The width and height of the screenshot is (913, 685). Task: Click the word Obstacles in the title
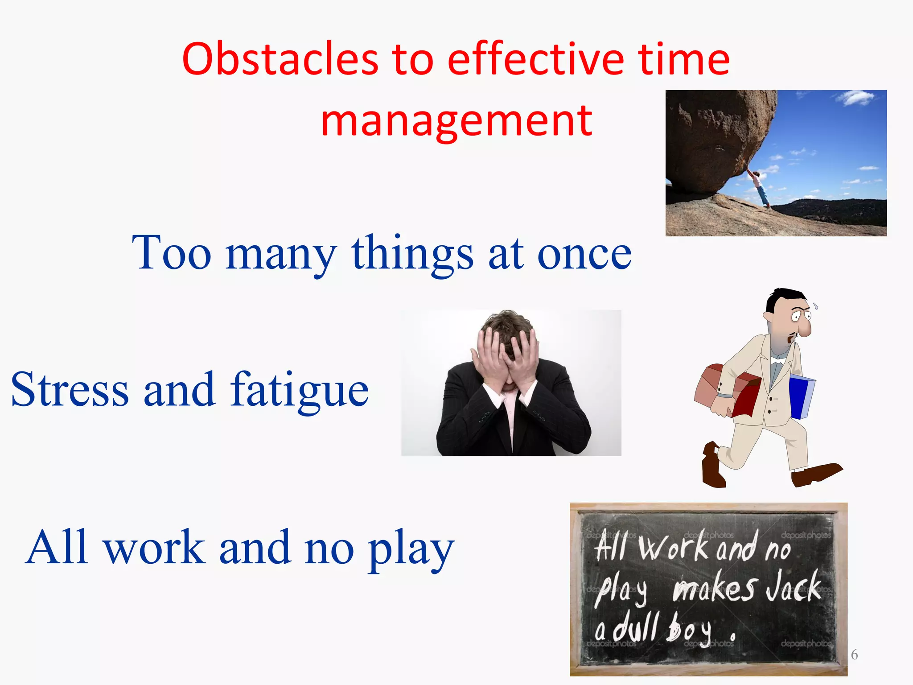(280, 59)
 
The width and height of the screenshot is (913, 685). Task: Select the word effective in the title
(535, 59)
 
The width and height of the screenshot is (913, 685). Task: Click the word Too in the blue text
(172, 253)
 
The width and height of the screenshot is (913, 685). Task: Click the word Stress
(70, 389)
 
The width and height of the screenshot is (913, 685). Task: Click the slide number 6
(854, 655)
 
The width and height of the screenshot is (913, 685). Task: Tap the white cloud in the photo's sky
(854, 98)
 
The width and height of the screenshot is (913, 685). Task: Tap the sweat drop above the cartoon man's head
(815, 306)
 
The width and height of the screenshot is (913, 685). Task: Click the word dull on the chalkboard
(635, 627)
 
